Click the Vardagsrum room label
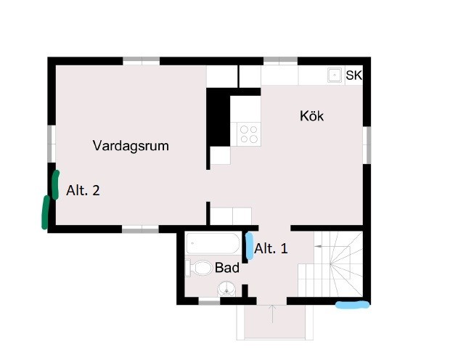(131, 146)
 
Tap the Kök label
(311, 116)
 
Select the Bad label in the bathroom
(227, 268)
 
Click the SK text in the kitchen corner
(354, 75)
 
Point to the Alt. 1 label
(271, 248)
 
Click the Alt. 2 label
(83, 190)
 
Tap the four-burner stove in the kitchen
(248, 134)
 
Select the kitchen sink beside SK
(335, 75)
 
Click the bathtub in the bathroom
(213, 243)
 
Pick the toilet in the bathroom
(199, 268)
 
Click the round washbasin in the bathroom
(226, 289)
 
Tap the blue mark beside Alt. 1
(250, 246)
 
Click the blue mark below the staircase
(353, 305)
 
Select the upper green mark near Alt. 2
(56, 184)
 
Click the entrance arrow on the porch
(272, 314)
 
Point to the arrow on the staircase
(319, 246)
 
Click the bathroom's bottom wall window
(209, 302)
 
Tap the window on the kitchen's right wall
(367, 145)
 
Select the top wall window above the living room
(142, 60)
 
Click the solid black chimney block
(218, 118)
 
